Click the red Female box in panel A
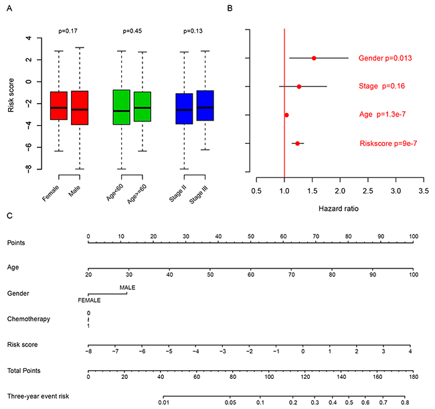(59, 106)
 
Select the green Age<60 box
(122, 107)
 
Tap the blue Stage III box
(205, 106)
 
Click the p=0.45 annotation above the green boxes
(133, 31)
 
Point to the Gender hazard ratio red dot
(314, 58)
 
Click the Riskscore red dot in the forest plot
(297, 143)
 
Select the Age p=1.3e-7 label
(382, 114)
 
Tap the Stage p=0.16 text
(381, 86)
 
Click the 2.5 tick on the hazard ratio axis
(368, 191)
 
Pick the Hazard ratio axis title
(339, 209)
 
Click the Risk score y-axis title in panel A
(11, 95)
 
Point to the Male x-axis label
(74, 191)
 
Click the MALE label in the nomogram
(127, 287)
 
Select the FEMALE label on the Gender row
(89, 301)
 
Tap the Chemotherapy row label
(29, 319)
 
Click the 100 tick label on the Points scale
(414, 236)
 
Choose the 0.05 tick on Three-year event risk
(230, 402)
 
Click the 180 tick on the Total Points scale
(414, 377)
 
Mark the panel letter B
(230, 8)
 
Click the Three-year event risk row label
(38, 396)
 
